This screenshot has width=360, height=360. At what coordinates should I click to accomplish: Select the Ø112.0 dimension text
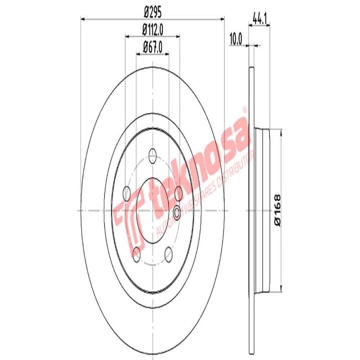[152, 31]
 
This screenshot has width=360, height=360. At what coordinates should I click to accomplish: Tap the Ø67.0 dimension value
[152, 47]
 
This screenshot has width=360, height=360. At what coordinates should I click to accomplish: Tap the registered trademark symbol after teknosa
[245, 109]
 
